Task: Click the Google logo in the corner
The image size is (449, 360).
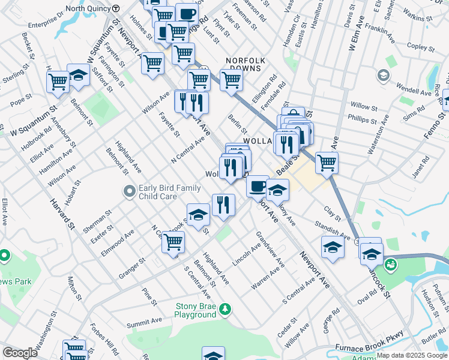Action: (x=20, y=353)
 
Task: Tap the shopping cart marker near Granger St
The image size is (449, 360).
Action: (x=173, y=242)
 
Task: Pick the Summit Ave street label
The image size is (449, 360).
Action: (x=144, y=322)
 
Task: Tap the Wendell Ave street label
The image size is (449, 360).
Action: (x=414, y=92)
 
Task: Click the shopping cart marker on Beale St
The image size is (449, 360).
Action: (x=327, y=162)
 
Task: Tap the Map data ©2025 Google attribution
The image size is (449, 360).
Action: (x=412, y=355)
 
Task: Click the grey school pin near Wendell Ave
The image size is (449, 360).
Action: (x=382, y=76)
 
